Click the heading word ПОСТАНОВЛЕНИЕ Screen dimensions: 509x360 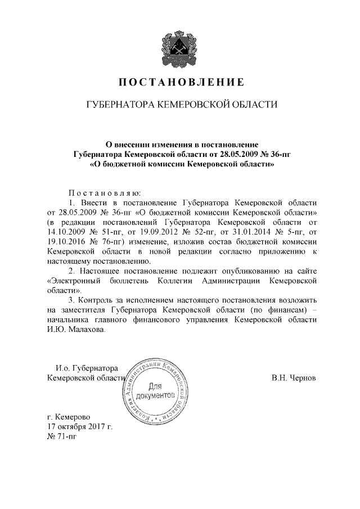(180, 83)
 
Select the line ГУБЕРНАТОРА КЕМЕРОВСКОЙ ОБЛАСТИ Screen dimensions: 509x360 (180, 105)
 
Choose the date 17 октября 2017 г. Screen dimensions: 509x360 (80, 427)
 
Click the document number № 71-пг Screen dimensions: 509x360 (62, 437)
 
